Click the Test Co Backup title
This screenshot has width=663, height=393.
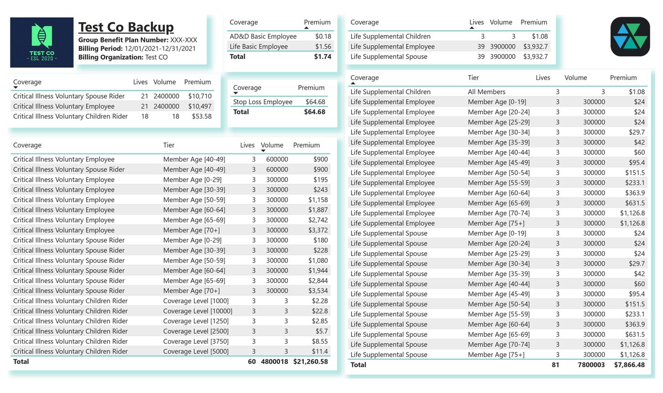point(126,27)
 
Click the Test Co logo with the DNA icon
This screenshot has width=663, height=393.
point(42,43)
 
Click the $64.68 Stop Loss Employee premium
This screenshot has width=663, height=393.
point(315,102)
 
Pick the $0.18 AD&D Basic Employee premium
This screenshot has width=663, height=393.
point(323,36)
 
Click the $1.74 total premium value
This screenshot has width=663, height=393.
point(323,57)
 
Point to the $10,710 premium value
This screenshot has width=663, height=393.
point(199,97)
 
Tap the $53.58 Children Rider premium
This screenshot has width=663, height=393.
point(199,116)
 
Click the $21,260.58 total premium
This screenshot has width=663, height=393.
point(310,362)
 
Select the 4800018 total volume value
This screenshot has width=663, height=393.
point(271,362)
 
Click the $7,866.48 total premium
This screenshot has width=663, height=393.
point(629,365)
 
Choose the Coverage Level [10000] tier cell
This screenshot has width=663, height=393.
point(197,311)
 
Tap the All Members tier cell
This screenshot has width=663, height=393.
point(486,92)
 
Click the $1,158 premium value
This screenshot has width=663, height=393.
point(317,200)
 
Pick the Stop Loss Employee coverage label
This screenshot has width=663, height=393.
point(262,102)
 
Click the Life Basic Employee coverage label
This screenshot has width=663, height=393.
point(259,47)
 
